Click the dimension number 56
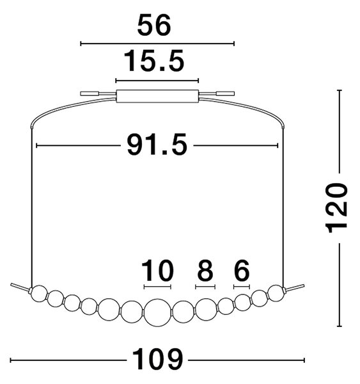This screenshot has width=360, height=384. click(153, 25)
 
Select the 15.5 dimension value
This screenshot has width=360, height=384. click(154, 61)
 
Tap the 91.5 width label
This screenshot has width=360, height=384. click(157, 145)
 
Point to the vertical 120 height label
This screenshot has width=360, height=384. click(336, 208)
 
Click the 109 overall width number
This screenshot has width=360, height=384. click(157, 359)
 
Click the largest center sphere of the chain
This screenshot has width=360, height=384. click(158, 313)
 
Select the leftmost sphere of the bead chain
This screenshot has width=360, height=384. click(39, 293)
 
